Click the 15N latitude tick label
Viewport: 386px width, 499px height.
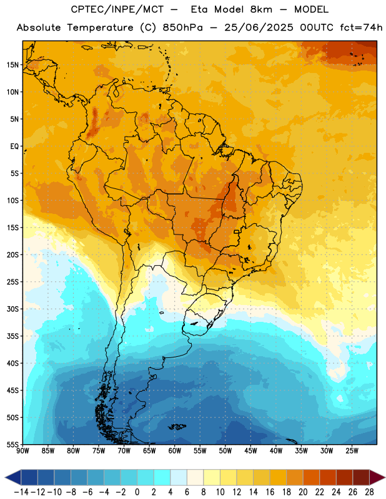[12, 65]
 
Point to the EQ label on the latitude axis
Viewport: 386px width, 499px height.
[14, 147]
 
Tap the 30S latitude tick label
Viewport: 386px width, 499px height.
[12, 309]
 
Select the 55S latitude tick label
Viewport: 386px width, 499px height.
[12, 444]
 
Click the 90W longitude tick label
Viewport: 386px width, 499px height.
[23, 451]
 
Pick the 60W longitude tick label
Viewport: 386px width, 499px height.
[175, 451]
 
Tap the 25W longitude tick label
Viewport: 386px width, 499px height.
[352, 451]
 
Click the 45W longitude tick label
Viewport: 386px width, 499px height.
[250, 451]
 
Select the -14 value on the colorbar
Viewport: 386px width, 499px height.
[21, 492]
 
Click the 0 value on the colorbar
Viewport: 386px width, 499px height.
[137, 492]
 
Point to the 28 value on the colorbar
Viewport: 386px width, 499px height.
[369, 492]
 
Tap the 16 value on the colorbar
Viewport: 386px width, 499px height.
[270, 492]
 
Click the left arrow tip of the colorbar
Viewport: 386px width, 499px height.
[5, 477]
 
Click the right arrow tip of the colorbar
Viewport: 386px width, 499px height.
[385, 477]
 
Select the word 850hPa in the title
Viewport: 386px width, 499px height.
[182, 27]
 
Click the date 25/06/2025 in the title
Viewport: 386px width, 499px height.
[259, 27]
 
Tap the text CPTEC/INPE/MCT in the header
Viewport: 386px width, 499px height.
[117, 9]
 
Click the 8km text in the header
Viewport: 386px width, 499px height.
[261, 9]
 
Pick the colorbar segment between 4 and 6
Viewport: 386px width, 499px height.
[179, 477]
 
